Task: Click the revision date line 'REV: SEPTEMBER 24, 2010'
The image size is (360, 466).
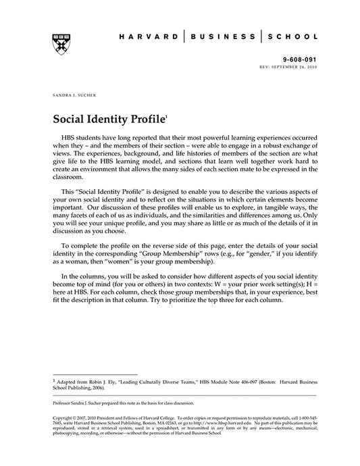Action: (x=288, y=67)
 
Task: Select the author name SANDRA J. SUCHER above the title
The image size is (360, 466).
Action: (x=72, y=97)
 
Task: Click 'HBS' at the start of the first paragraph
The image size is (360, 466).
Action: (x=70, y=137)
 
